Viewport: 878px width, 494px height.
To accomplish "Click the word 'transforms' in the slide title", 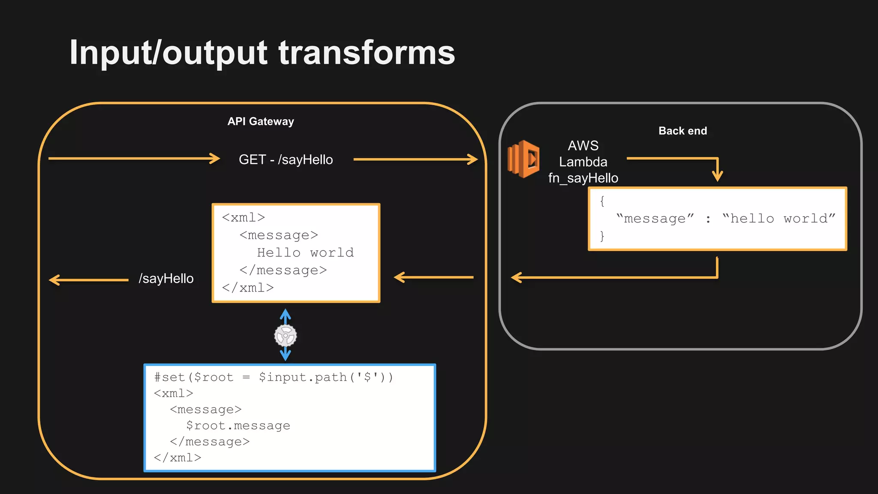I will point(367,52).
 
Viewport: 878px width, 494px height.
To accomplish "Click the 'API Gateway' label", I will point(261,122).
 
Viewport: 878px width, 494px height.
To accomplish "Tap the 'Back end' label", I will point(683,131).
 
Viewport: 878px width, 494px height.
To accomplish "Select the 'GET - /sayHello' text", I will point(286,160).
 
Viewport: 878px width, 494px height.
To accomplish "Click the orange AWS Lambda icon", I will point(523,159).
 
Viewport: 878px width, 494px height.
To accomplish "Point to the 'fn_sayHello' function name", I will point(583,178).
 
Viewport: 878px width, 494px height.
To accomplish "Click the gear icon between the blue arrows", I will point(286,336).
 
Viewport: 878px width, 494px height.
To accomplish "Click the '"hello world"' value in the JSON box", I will point(779,219).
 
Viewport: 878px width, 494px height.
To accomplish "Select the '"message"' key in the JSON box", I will point(655,219).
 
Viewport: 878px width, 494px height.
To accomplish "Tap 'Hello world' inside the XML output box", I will point(305,253).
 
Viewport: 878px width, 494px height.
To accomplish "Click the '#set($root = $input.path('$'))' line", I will point(274,377).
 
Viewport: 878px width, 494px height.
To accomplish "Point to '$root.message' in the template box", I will point(238,426).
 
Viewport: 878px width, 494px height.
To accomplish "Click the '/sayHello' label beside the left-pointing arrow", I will point(166,279).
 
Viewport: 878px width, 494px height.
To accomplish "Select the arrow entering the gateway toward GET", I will point(134,159).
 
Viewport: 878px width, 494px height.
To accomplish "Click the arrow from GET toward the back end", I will point(415,160).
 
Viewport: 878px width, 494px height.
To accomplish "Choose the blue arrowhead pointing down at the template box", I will point(286,355).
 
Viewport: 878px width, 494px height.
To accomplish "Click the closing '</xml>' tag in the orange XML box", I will point(248,288).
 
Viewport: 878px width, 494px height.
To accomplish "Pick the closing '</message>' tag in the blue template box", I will point(210,442).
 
